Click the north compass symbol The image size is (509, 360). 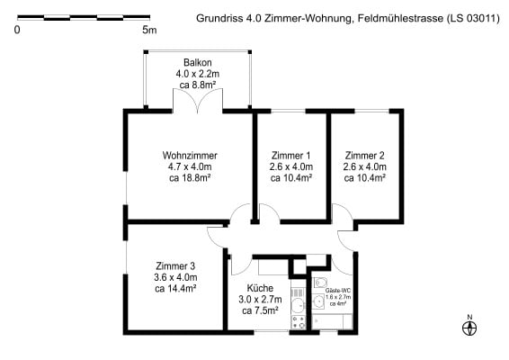pyautogui.click(x=469, y=328)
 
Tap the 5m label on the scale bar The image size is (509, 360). pyautogui.click(x=149, y=30)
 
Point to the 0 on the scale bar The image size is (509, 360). pyautogui.click(x=17, y=30)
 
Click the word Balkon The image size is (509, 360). pyautogui.click(x=197, y=62)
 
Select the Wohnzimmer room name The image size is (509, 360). pyautogui.click(x=190, y=156)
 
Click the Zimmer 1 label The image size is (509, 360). pyautogui.click(x=290, y=156)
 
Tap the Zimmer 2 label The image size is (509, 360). pyautogui.click(x=364, y=156)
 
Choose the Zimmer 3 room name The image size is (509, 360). pyautogui.click(x=175, y=266)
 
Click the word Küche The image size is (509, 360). pyautogui.click(x=260, y=288)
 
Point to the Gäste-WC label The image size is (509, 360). pyautogui.click(x=338, y=291)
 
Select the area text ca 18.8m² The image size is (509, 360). pyautogui.click(x=190, y=177)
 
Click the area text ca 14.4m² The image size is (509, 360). pyautogui.click(x=175, y=288)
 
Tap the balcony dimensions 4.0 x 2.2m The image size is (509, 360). pyautogui.click(x=197, y=74)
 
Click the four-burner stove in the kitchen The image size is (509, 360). pyautogui.click(x=298, y=322)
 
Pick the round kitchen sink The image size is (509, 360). pyautogui.click(x=298, y=305)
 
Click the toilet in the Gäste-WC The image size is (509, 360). pyautogui.click(x=320, y=283)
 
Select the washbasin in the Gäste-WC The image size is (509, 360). pyautogui.click(x=318, y=301)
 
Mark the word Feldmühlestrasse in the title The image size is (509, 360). pyautogui.click(x=400, y=18)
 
